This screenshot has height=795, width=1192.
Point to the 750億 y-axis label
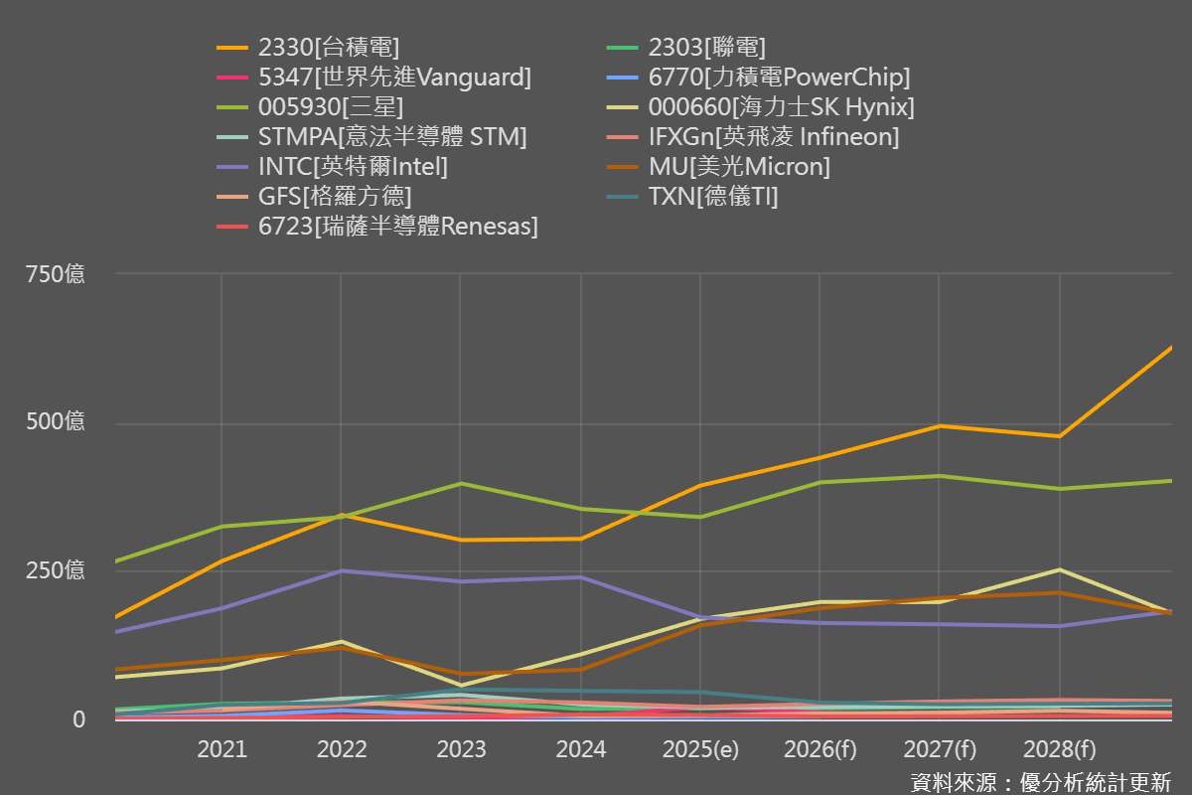(56, 274)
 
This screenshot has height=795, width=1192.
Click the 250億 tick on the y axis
(56, 570)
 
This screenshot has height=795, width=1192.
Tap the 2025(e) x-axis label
(700, 748)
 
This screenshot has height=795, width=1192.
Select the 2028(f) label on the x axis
(1059, 748)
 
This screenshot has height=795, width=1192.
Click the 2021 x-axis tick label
(221, 748)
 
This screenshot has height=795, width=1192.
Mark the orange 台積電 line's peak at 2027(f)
(940, 426)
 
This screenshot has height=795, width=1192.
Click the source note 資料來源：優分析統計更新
(1040, 780)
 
